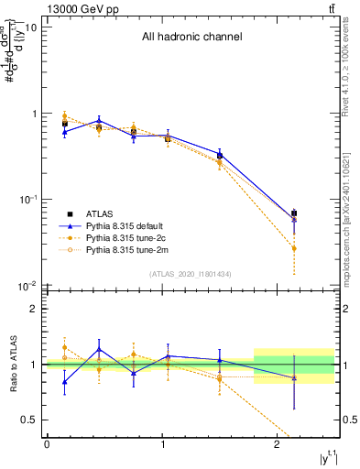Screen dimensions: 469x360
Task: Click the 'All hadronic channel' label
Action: click(191, 38)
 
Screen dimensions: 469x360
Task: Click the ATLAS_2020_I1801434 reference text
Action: click(191, 274)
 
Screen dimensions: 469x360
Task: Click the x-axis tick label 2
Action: click(278, 444)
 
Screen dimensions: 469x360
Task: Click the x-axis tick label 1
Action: click(162, 444)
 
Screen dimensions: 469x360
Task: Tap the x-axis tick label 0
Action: click(47, 444)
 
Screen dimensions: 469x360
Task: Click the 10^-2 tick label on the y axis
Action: click(27, 286)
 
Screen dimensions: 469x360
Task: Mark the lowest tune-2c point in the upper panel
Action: click(293, 248)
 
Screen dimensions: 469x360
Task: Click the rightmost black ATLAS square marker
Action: click(293, 213)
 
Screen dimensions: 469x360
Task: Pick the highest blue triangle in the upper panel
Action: click(99, 120)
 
